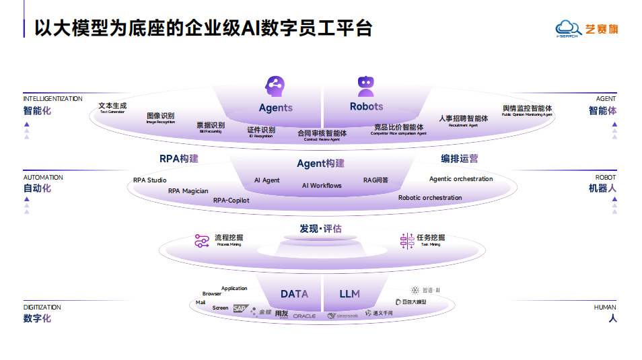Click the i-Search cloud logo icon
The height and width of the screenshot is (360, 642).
(x=567, y=28)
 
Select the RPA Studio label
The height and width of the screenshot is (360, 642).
(x=149, y=180)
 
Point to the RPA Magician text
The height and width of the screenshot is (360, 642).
(x=188, y=191)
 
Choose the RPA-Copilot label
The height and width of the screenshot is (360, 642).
(x=231, y=201)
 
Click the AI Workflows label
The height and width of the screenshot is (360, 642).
(x=322, y=186)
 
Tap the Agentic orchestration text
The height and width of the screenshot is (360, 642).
(x=461, y=179)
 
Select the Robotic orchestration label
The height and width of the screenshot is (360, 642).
(x=430, y=198)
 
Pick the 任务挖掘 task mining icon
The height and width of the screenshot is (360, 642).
(x=407, y=241)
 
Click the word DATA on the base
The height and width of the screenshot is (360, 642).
(x=294, y=294)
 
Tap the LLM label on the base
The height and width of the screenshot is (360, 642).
(x=349, y=294)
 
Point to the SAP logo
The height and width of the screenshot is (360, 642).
(x=240, y=309)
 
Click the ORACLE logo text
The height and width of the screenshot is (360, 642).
(x=304, y=316)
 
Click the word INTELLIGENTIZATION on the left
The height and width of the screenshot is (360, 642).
(x=52, y=99)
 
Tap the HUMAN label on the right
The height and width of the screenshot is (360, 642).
(x=605, y=308)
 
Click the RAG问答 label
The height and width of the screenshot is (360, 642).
(x=376, y=180)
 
